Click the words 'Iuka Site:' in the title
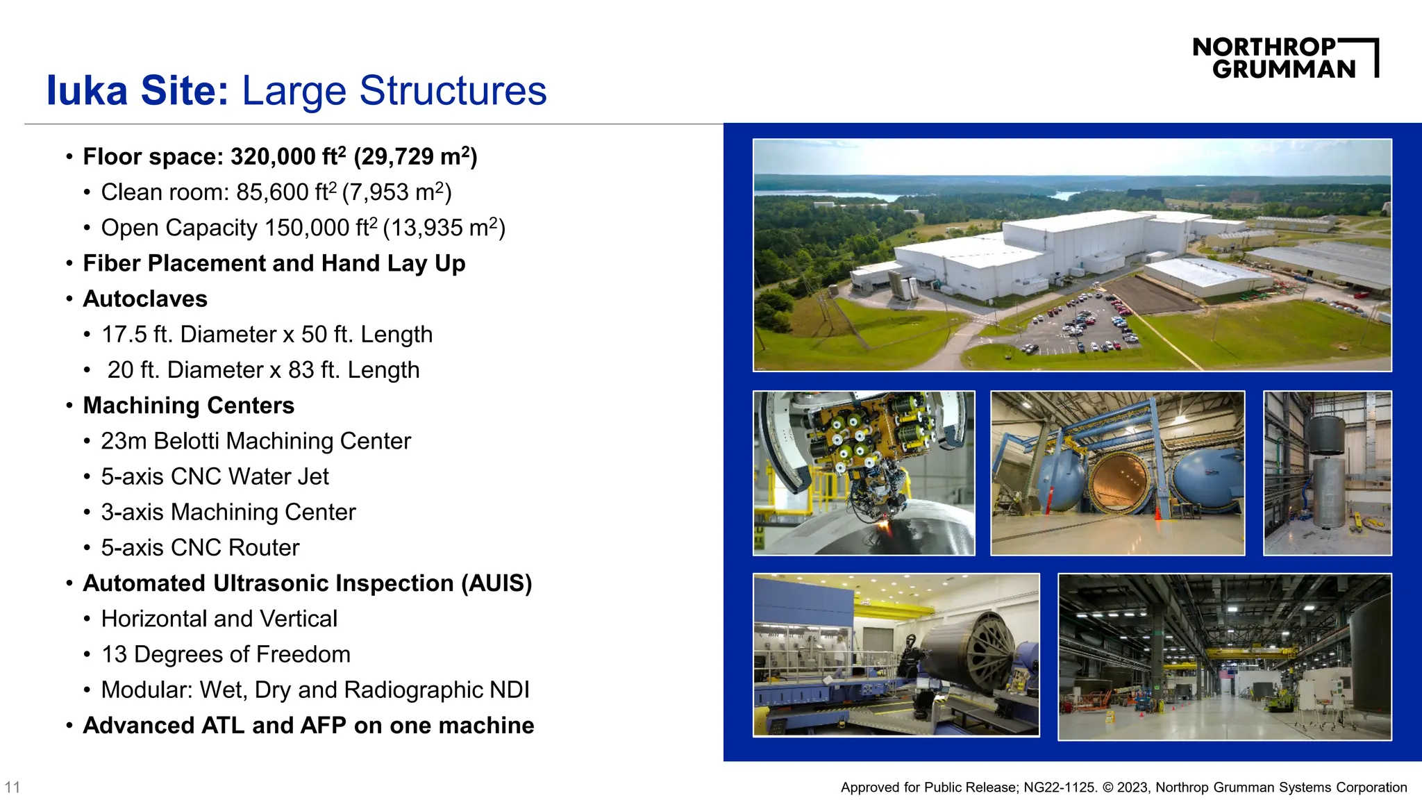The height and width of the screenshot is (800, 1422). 137,90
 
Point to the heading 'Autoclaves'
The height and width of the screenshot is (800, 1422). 145,299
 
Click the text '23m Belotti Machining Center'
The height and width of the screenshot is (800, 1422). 256,441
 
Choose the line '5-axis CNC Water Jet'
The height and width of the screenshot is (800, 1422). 215,476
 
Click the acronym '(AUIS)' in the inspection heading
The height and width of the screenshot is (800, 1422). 496,583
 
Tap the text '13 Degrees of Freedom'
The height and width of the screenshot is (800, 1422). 226,654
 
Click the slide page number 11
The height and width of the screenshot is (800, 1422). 12,787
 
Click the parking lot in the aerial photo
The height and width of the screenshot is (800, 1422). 1083,323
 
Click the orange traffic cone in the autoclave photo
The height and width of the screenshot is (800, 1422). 1157,513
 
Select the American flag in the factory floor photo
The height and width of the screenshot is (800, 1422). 1228,673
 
